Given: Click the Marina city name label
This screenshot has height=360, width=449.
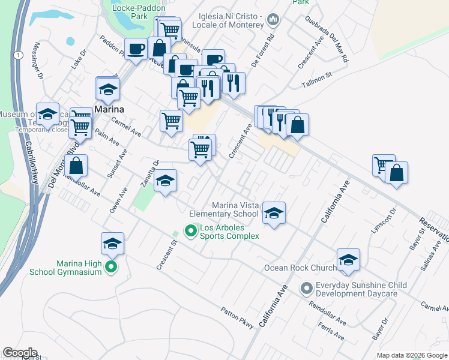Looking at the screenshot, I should coord(109,109).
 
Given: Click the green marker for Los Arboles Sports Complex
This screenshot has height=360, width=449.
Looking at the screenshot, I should coord(191,230).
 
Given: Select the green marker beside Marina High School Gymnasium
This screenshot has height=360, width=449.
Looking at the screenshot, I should coord(111,267).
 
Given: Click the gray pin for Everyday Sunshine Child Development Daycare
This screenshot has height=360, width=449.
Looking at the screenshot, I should coord(307,289).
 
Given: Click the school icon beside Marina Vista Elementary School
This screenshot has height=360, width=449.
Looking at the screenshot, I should coord(274,214).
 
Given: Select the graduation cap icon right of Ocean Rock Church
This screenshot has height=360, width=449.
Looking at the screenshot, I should coord(348,260).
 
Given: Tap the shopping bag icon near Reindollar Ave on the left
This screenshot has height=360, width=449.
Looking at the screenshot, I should coord(77,166).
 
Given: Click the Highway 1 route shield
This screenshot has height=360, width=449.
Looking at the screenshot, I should coord(20,55).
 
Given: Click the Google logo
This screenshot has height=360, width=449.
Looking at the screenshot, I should coord(20,352).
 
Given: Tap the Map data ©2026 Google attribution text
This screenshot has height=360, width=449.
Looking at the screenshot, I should coord(411,355).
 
